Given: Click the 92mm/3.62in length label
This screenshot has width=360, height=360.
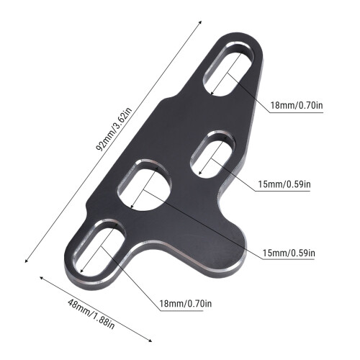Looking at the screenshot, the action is pos(114,129).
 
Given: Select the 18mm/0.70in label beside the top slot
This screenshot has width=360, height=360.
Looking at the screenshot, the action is pos(297,105).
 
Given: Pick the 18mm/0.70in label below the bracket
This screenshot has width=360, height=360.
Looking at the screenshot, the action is pos(186,304).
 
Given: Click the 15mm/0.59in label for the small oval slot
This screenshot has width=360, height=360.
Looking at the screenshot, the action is pos(284,184).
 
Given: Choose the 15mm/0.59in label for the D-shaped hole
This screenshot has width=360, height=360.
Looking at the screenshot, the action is pos(289,253).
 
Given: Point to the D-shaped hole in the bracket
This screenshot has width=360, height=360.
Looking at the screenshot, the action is pos(145,186).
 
